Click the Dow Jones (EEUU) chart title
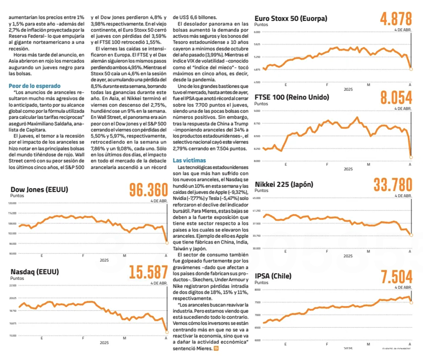pyautogui.click(x=39, y=190)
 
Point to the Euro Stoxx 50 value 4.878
pyautogui.click(x=396, y=19)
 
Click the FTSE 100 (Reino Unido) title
pyautogui.click(x=291, y=97)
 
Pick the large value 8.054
pyautogui.click(x=396, y=98)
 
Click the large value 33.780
pyautogui.click(x=393, y=185)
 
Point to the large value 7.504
pyautogui.click(x=396, y=277)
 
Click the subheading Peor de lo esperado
pyautogui.click(x=35, y=86)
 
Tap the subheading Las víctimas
pyautogui.click(x=190, y=160)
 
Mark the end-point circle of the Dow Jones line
pyautogui.click(x=167, y=243)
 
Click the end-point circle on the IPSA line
pyautogui.click(x=411, y=302)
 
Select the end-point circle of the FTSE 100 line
pyautogui.click(x=411, y=157)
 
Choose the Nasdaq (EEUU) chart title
pyautogui.click(x=35, y=272)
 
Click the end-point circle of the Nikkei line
pyautogui.click(x=411, y=235)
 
